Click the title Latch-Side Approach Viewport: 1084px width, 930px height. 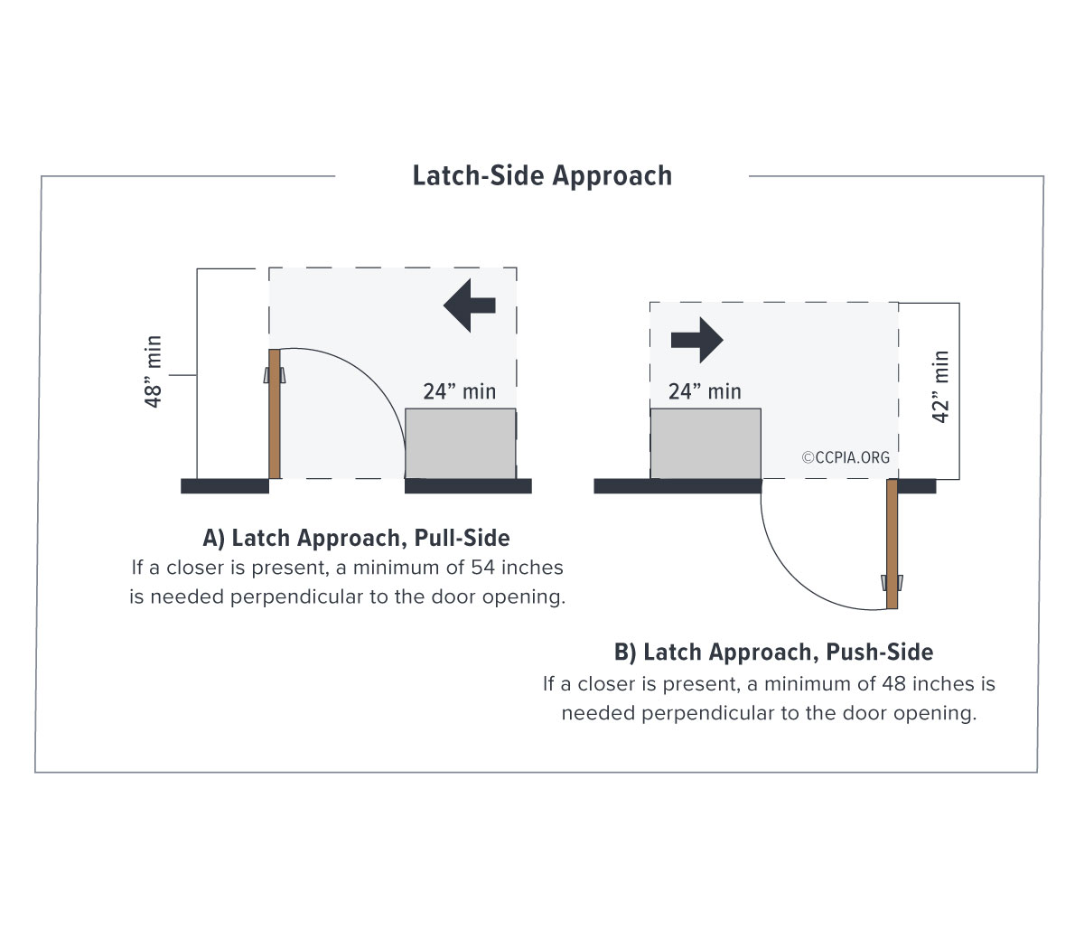[542, 175]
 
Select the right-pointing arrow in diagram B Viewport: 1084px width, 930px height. [696, 340]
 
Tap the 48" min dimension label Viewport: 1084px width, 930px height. [154, 371]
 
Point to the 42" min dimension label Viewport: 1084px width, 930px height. [941, 387]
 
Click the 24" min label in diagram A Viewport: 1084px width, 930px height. [459, 391]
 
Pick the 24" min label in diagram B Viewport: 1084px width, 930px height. [705, 391]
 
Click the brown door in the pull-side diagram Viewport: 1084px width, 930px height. [275, 414]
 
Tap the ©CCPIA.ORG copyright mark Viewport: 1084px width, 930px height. [846, 457]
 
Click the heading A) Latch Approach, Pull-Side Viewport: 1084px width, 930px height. [356, 538]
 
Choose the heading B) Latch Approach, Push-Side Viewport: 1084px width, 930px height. [773, 652]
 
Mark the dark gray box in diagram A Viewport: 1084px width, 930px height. [460, 443]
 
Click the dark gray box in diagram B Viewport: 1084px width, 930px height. [706, 443]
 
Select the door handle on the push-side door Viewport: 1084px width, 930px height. [892, 581]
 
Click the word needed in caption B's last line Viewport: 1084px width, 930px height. [595, 713]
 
